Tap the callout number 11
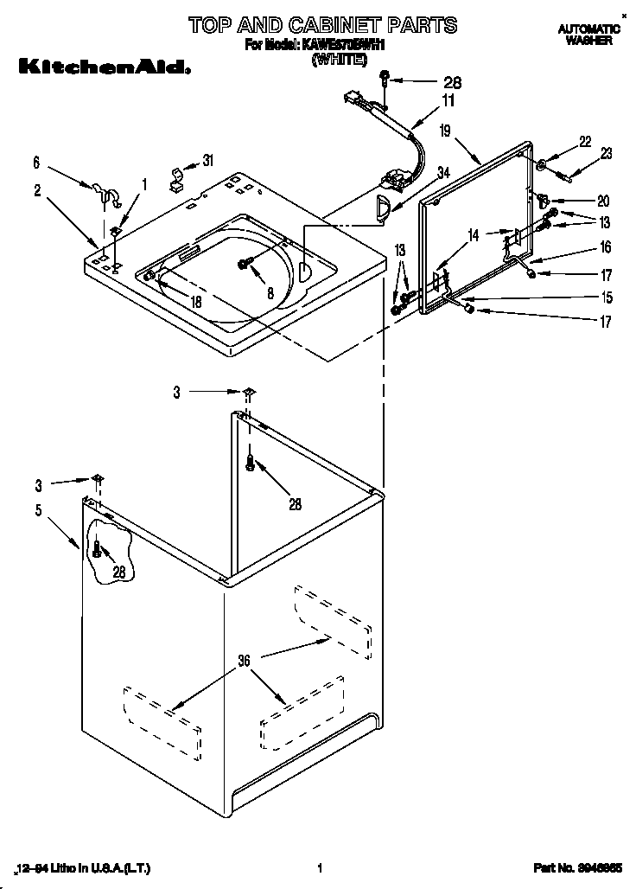[448, 101]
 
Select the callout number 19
[444, 131]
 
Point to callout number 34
[443, 172]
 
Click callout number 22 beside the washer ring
[585, 142]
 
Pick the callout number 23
[606, 154]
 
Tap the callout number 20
[603, 198]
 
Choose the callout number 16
[605, 247]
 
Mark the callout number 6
[36, 162]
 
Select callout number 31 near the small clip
[207, 159]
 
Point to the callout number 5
[38, 510]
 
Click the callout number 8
[270, 293]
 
